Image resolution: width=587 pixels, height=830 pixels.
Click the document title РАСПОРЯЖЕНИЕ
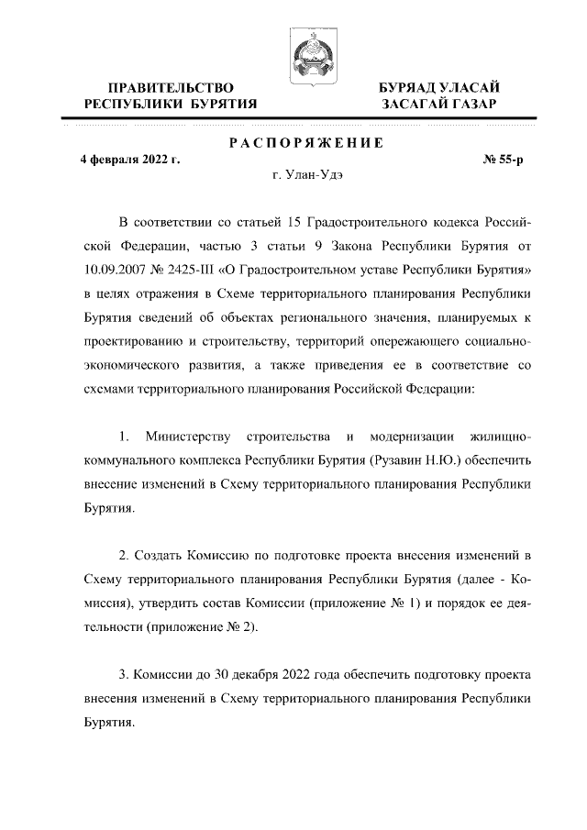305,143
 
